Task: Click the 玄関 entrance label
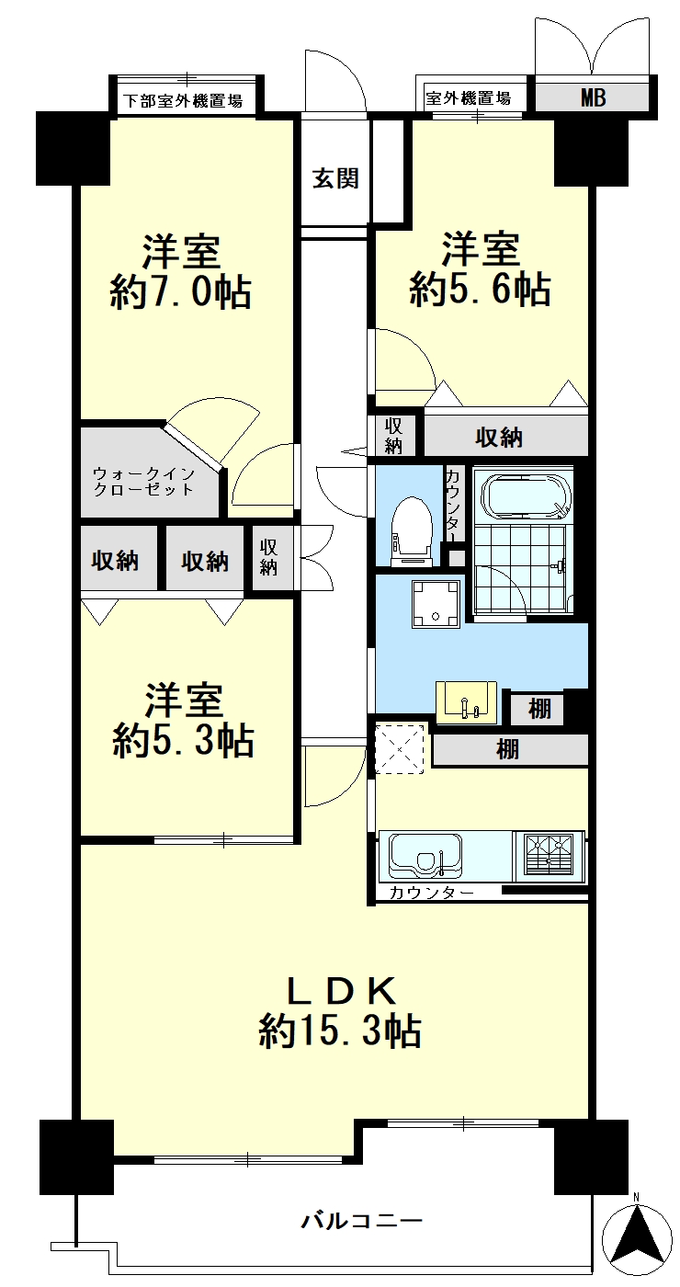click(334, 178)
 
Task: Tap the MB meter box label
click(594, 97)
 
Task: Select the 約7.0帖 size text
click(180, 292)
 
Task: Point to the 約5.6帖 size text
click(479, 289)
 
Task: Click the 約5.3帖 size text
click(183, 740)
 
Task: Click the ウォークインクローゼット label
click(143, 483)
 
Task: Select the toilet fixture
click(412, 530)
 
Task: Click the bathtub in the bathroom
click(527, 495)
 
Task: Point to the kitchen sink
click(425, 856)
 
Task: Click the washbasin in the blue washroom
click(466, 702)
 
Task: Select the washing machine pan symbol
click(436, 605)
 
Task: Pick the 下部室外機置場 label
click(183, 100)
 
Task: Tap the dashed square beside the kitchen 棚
click(399, 749)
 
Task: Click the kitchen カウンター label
click(431, 893)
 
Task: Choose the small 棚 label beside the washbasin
click(539, 710)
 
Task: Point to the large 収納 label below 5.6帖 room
click(498, 438)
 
